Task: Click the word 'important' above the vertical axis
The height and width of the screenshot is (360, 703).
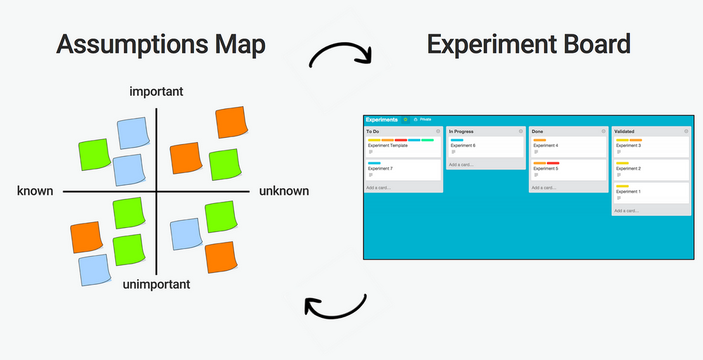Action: click(x=157, y=91)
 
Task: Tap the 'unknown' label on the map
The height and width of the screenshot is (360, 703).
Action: click(x=284, y=191)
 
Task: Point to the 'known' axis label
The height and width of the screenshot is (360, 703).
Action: click(x=35, y=191)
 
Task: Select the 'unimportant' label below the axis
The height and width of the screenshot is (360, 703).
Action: click(x=156, y=285)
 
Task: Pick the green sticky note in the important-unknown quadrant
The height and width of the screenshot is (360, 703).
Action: click(x=225, y=165)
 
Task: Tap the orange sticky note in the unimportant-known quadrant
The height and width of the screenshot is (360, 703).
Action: click(x=86, y=237)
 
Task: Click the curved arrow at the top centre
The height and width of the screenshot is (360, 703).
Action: click(x=341, y=55)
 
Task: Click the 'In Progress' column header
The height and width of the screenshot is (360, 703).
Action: click(x=461, y=131)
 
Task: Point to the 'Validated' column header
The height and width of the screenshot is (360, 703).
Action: click(x=625, y=131)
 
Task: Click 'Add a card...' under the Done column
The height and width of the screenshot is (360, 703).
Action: click(x=543, y=188)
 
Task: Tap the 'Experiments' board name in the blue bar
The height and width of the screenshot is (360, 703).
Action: click(x=382, y=120)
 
